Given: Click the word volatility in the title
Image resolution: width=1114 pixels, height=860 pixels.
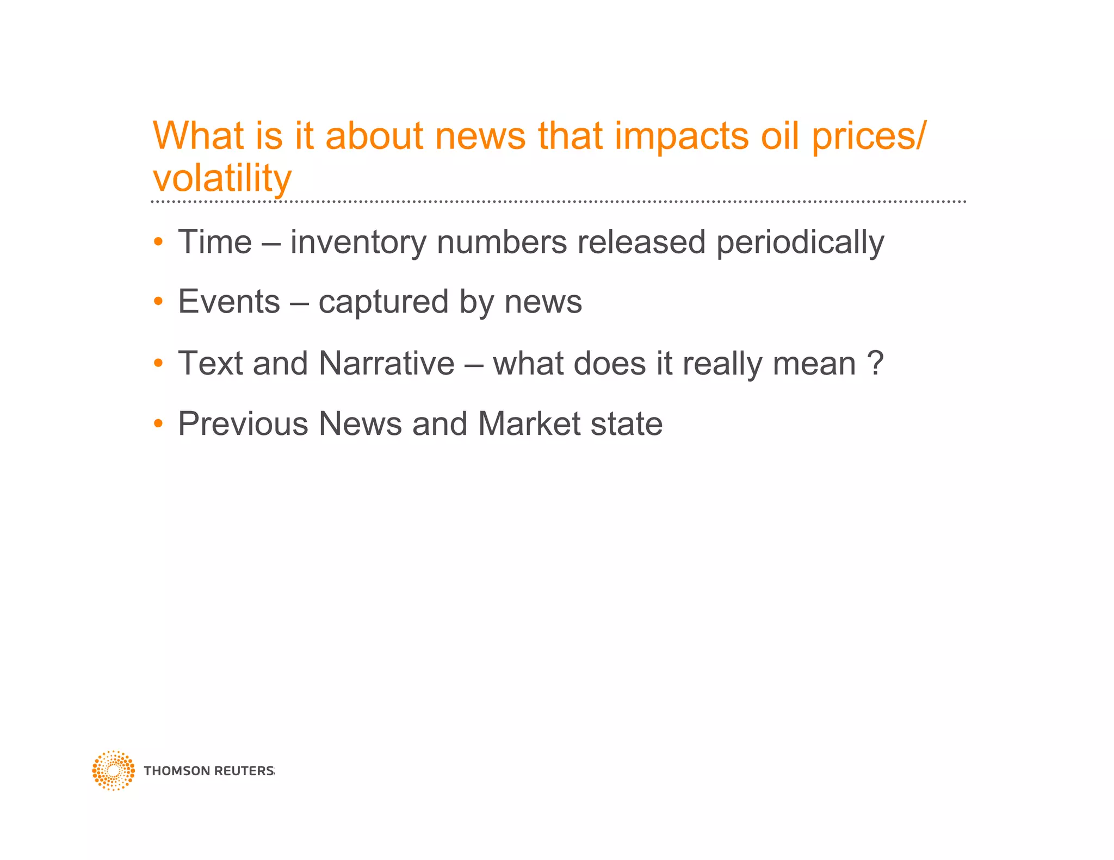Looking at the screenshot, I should pos(222,178).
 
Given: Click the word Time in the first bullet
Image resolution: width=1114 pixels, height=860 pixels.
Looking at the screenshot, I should pos(215,242).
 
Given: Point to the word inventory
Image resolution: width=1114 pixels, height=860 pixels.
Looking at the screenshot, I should pos(358,243).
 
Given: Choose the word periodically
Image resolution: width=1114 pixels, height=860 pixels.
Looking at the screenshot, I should pos(800,243).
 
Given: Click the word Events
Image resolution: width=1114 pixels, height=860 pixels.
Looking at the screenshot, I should pos(228,302).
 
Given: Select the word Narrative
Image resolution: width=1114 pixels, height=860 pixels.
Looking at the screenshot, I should pos(386,363).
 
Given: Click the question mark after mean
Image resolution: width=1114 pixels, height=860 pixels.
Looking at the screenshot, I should pos(875,363).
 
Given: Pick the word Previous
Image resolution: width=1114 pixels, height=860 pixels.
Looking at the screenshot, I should pos(243,423).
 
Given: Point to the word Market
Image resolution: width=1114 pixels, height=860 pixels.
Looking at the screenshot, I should pos(529,423).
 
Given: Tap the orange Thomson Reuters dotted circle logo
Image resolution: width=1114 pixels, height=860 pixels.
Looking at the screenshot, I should pos(113,770).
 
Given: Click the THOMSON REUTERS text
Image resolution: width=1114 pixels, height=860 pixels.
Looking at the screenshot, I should pos(209,771).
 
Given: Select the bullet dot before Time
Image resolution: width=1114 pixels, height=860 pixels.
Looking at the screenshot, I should pos(158,242).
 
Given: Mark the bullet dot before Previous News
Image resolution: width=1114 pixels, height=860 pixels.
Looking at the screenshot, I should pos(158,423).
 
